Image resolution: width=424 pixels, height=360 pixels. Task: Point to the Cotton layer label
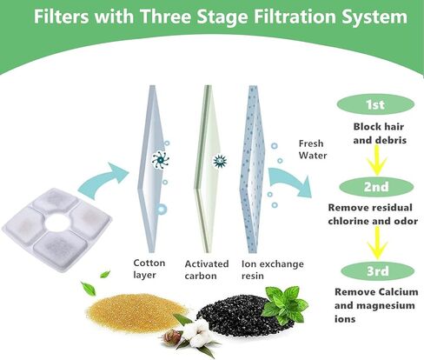(149, 268)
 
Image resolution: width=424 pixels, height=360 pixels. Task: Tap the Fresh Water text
(311, 150)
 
